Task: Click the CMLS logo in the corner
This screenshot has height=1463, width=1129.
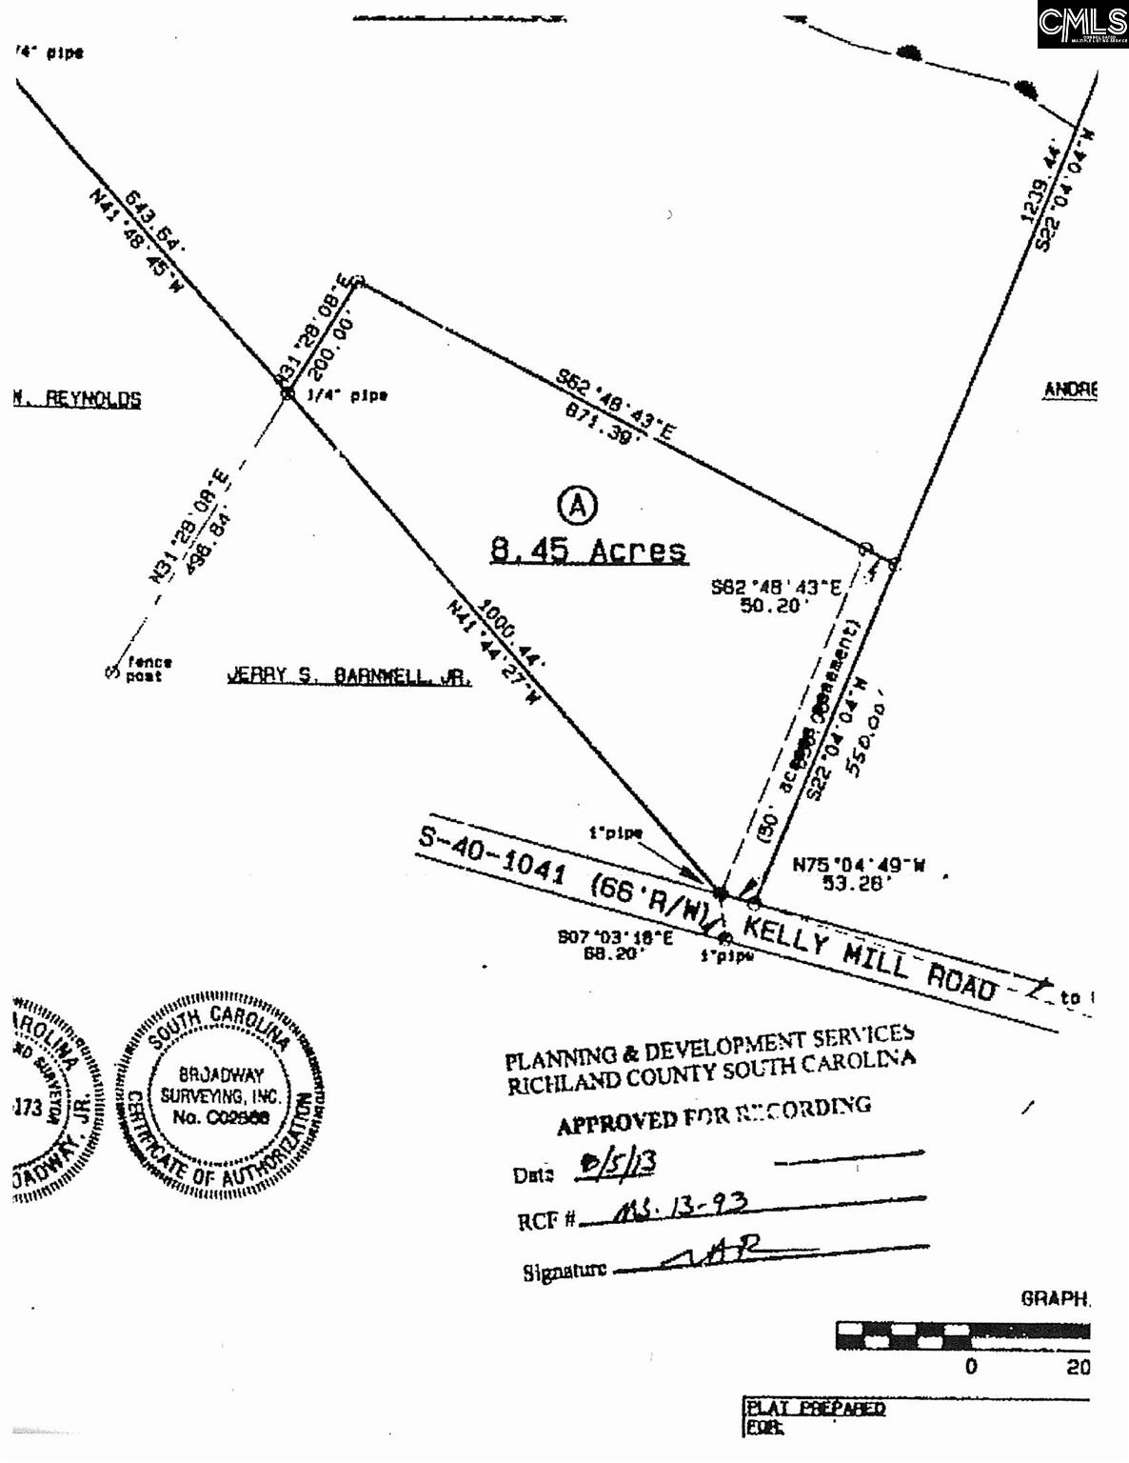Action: pos(1082,24)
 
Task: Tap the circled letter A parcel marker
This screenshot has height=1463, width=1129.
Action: pos(577,505)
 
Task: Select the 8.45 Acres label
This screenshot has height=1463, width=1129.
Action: pos(588,550)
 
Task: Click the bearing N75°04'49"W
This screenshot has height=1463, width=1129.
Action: pos(859,866)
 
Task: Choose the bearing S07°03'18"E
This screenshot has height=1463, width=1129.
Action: pos(615,937)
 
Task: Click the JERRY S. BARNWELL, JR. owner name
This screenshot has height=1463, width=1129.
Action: pos(348,675)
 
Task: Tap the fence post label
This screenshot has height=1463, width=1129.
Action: pos(149,669)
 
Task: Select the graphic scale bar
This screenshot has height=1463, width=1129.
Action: pos(962,1335)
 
